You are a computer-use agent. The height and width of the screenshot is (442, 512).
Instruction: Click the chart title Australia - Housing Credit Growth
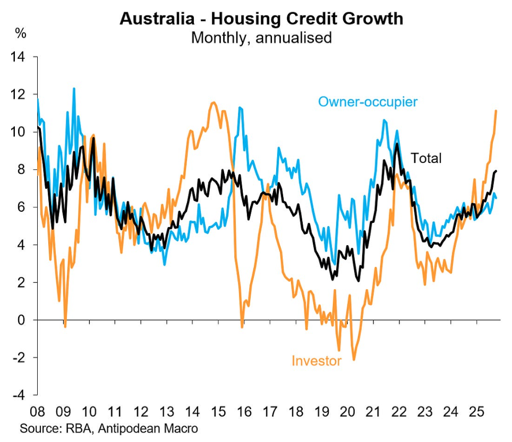point(261,19)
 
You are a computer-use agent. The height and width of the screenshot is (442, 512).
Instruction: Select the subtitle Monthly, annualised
point(261,38)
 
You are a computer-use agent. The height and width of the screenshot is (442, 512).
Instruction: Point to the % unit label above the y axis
point(21,34)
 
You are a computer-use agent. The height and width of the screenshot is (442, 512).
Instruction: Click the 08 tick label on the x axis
point(38,412)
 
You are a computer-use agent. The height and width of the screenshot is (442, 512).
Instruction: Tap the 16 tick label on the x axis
point(244,412)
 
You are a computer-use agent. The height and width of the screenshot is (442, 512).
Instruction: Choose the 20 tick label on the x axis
point(347,412)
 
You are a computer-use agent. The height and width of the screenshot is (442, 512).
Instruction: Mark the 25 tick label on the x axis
point(476,412)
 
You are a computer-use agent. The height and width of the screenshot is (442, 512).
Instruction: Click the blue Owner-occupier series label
point(368,101)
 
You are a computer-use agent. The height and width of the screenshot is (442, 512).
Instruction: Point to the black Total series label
point(426,158)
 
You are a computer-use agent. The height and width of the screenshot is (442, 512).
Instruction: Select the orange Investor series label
point(316,361)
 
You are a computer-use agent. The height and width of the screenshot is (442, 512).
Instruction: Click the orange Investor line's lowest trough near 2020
point(354,360)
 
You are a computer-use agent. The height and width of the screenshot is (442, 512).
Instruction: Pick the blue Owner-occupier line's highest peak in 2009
point(74,89)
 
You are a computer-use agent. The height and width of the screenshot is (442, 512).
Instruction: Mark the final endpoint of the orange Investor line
point(496,110)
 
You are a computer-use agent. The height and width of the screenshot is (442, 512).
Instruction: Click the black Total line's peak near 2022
point(396,144)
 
